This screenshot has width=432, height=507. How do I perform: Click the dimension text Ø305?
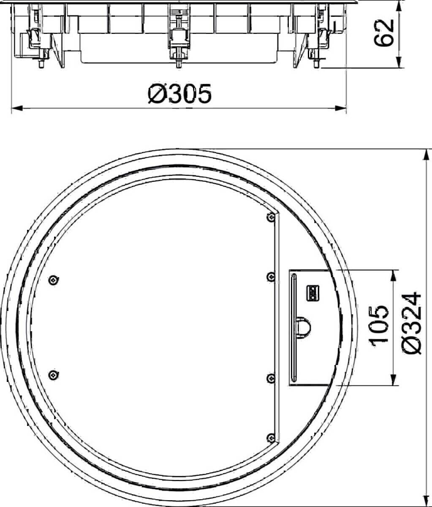point(179,94)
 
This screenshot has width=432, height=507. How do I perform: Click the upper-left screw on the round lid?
point(53,279)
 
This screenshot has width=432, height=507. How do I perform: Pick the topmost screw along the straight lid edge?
point(270,217)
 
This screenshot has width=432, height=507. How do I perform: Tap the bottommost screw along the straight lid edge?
point(270,438)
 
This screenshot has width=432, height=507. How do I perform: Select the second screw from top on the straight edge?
point(270,276)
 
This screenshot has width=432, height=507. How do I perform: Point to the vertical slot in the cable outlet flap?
point(294,327)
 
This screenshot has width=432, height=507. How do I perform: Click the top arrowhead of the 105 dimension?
point(394,275)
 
